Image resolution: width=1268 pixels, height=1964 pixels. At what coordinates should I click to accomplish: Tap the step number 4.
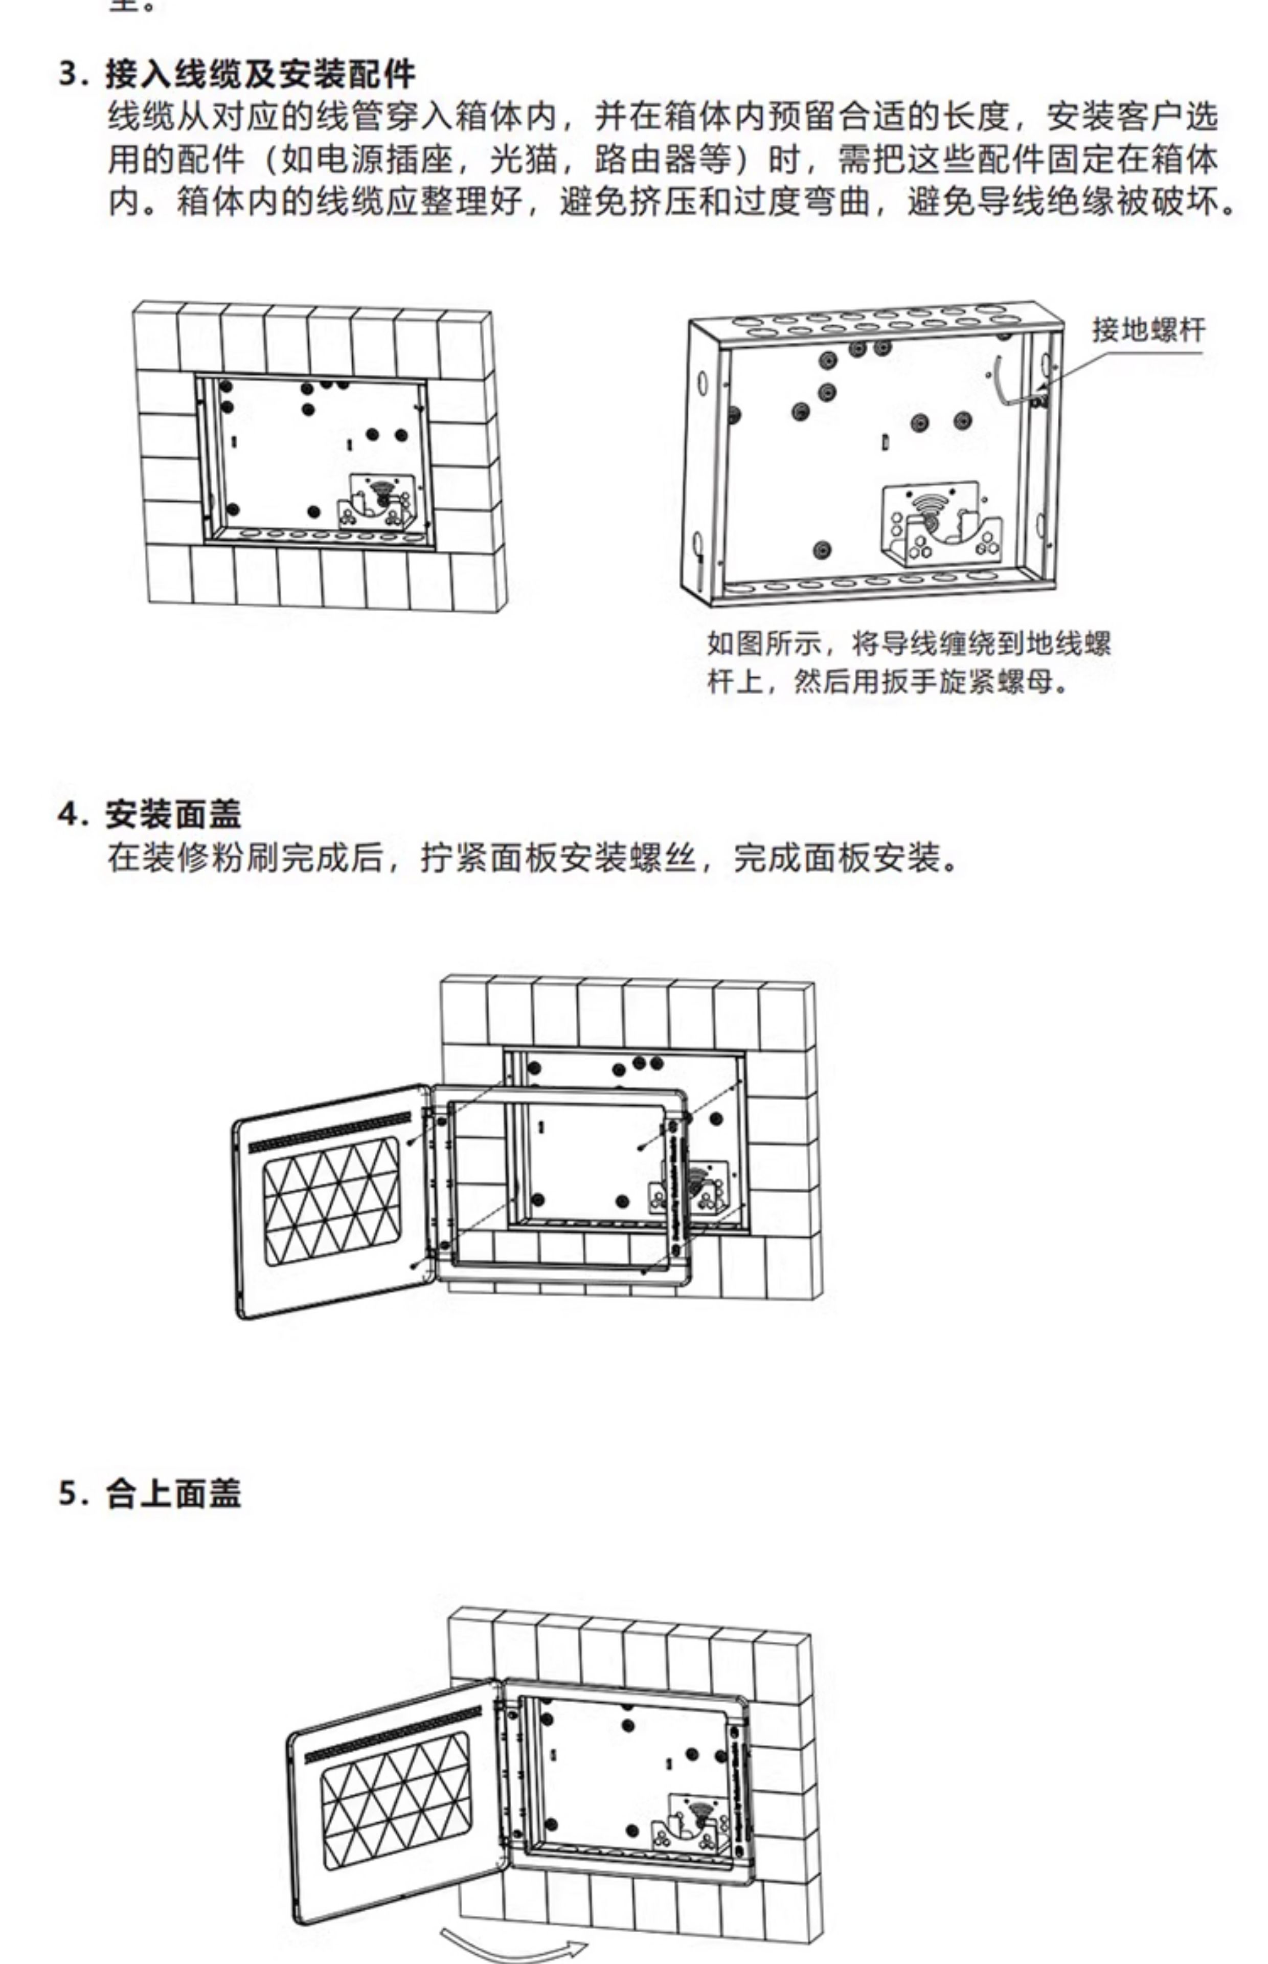click(73, 814)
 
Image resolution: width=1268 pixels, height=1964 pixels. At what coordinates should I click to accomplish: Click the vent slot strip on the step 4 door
click(329, 1131)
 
